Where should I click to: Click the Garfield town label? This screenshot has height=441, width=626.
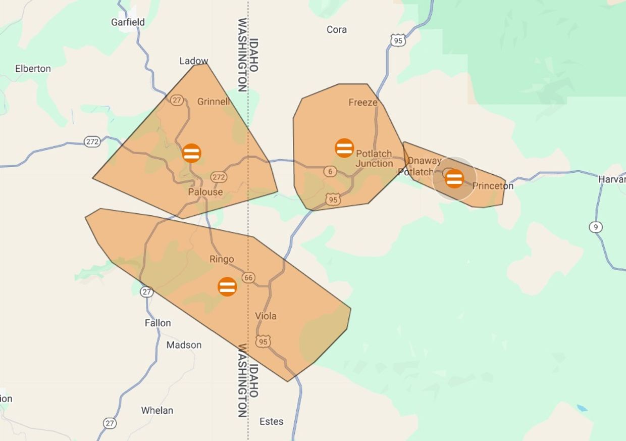(x=128, y=22)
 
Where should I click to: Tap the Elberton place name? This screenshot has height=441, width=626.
(x=33, y=69)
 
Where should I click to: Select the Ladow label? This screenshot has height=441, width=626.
(x=194, y=61)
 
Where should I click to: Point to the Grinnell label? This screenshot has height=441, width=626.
(x=213, y=102)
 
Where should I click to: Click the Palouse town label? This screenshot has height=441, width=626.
(x=205, y=192)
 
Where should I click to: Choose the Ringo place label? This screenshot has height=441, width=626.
(x=222, y=259)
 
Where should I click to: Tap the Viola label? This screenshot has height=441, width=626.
(x=266, y=316)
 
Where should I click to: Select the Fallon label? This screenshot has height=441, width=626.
(x=158, y=323)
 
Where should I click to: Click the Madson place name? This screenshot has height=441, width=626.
(x=184, y=345)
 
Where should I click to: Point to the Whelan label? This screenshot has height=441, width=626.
(x=157, y=410)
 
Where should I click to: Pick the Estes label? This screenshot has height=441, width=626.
(x=271, y=421)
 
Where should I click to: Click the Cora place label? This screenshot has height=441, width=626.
(x=336, y=30)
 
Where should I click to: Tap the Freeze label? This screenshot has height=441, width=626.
(x=362, y=103)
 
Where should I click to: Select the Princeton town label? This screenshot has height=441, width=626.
(x=493, y=186)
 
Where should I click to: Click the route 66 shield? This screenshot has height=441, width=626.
(x=248, y=277)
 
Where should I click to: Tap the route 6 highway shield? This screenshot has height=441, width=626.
(x=330, y=172)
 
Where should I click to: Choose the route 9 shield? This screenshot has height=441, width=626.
(x=596, y=227)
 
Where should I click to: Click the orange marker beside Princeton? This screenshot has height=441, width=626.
(x=454, y=178)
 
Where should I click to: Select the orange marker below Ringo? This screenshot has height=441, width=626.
(x=227, y=286)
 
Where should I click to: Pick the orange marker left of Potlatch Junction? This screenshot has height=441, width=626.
(x=344, y=148)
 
